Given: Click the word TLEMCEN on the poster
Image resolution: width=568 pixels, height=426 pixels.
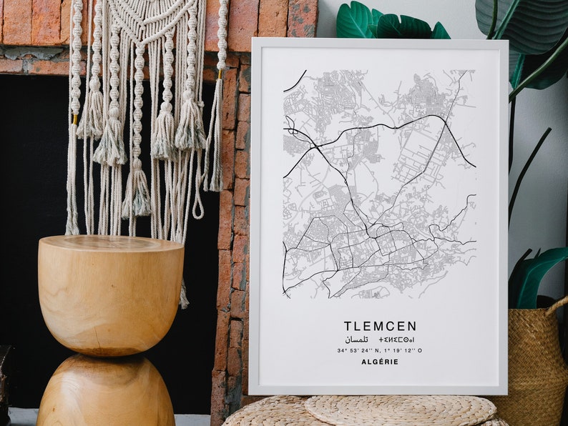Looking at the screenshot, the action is point(379,326).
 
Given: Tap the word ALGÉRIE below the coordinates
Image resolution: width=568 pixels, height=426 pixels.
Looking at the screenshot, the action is point(379,362).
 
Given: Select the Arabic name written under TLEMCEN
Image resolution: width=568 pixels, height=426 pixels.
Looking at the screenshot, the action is point(356,339).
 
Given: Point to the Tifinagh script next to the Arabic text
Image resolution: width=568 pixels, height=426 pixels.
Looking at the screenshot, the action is point(396,339).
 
